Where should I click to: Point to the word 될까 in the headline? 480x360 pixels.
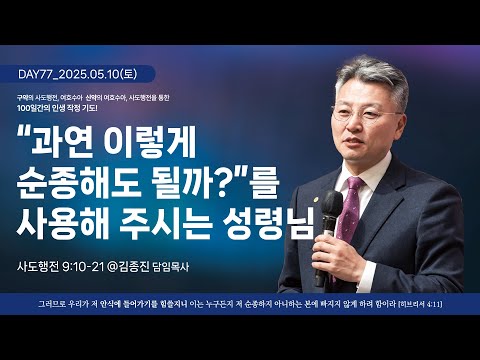click(224, 183)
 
